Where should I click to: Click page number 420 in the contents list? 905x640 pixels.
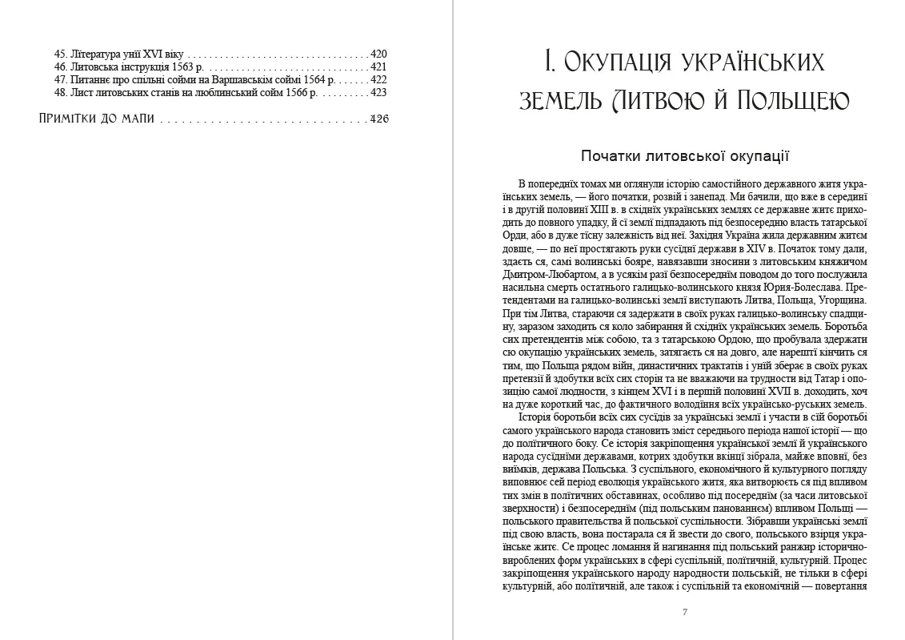[x=378, y=54]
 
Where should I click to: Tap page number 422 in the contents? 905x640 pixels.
[x=378, y=79]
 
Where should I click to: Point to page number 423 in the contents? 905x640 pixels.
[x=378, y=92]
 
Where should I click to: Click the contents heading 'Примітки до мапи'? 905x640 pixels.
[x=97, y=119]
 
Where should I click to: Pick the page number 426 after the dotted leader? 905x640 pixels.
[x=378, y=119]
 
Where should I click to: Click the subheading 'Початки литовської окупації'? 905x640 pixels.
[x=685, y=155]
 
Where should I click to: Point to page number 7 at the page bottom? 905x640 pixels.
[x=685, y=612]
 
